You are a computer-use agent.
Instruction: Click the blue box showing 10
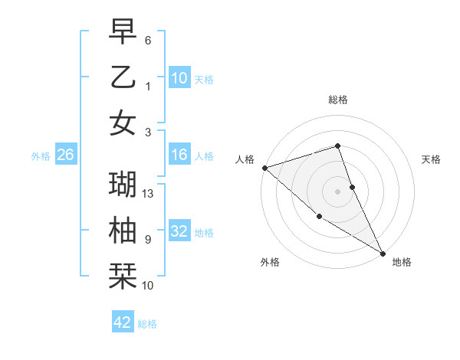(x=179, y=77)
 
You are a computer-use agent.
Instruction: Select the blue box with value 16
(x=179, y=155)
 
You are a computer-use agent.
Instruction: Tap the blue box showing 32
(x=179, y=232)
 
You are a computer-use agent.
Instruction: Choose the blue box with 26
(x=65, y=155)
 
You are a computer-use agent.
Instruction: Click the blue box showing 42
(x=123, y=322)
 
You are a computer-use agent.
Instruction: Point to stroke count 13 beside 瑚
(x=149, y=194)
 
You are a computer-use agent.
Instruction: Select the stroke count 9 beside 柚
(x=148, y=240)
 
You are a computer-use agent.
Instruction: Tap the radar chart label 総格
(x=338, y=100)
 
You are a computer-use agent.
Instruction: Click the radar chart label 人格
(x=245, y=159)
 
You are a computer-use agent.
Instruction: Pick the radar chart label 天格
(x=432, y=159)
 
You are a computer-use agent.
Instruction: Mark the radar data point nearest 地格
(x=383, y=253)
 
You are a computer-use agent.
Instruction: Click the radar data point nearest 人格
(x=264, y=167)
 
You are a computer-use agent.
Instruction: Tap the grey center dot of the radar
(x=338, y=191)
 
